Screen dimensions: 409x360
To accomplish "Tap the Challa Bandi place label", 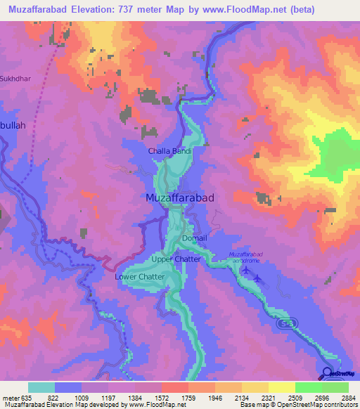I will tap(169, 150).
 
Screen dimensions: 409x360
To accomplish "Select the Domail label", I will tap(195, 238).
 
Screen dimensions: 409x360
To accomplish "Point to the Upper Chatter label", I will tap(176, 259).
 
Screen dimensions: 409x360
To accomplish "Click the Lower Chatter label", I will tap(139, 277).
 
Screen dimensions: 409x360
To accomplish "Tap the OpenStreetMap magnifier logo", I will tap(327, 374).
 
